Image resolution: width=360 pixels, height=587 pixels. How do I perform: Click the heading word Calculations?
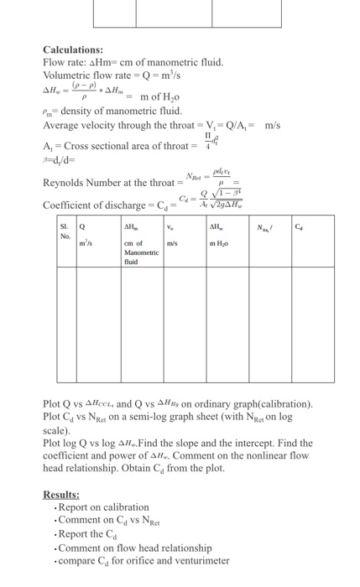pyautogui.click(x=73, y=50)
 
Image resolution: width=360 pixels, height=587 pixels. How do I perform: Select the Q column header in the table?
pyautogui.click(x=82, y=226)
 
